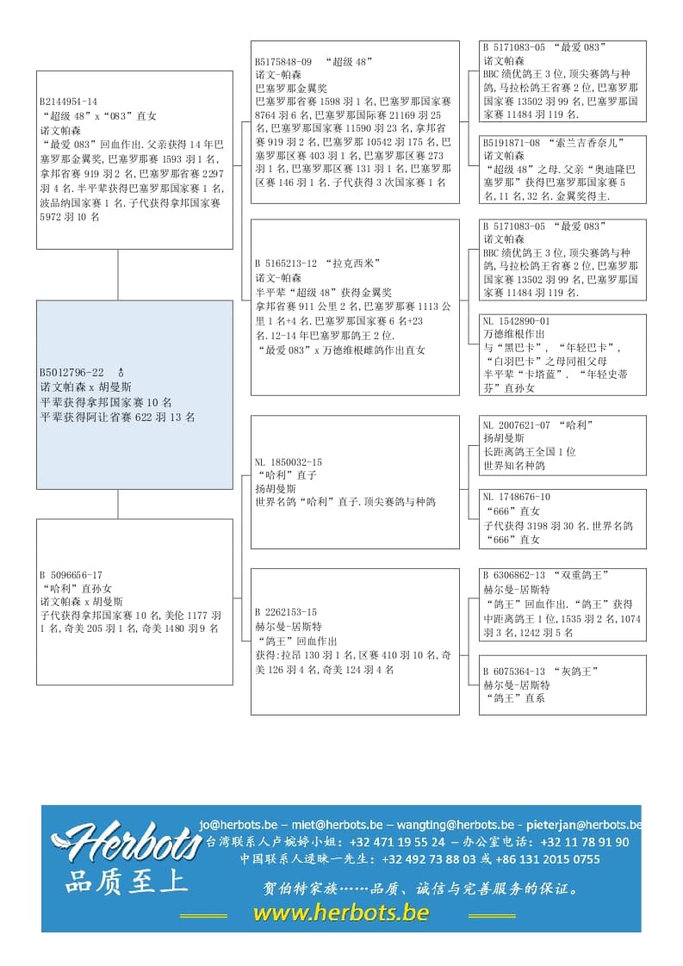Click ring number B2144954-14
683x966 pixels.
tap(68, 102)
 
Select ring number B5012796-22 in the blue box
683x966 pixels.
tap(71, 373)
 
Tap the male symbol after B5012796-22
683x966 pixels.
tap(121, 373)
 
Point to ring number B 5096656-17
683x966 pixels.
tap(71, 575)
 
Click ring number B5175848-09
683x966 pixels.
tap(283, 62)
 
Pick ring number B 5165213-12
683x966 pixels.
tap(288, 263)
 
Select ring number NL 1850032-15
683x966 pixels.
tap(289, 462)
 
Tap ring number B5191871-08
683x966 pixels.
tap(512, 142)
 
